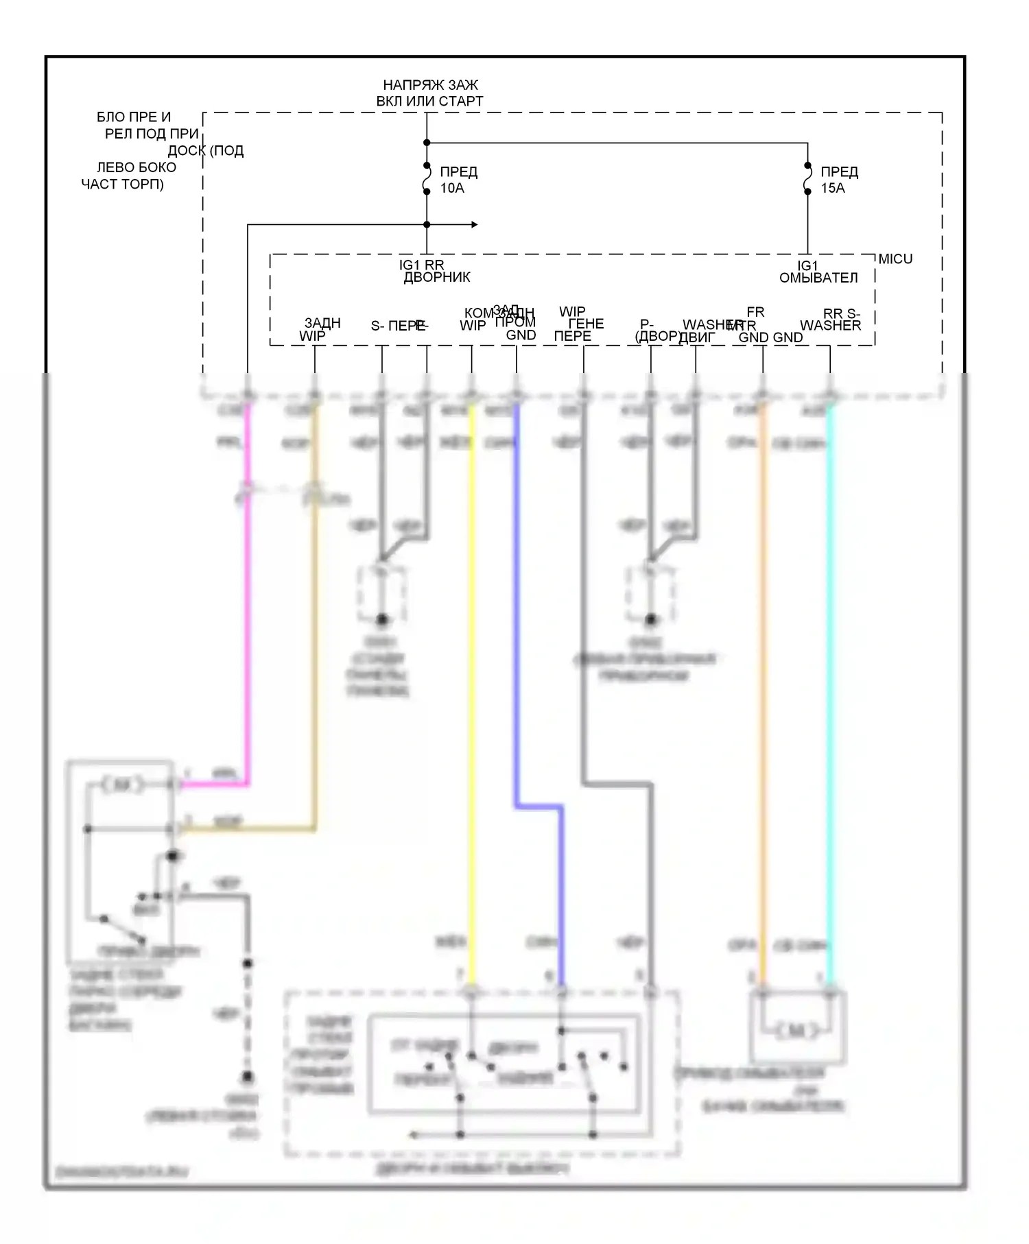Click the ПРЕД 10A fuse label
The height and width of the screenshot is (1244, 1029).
(x=458, y=180)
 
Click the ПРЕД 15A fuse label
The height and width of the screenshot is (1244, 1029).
(x=839, y=180)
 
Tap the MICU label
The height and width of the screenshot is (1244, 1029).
(x=895, y=259)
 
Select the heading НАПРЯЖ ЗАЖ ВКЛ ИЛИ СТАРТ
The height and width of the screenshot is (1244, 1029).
(x=430, y=93)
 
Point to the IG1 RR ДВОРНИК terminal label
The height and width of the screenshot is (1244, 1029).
(x=435, y=272)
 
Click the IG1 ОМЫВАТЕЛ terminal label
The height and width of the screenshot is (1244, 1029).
(x=818, y=272)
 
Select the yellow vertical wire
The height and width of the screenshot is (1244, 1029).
(x=472, y=686)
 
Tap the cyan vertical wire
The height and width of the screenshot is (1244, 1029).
(x=830, y=686)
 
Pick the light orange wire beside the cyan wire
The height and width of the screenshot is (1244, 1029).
(x=763, y=686)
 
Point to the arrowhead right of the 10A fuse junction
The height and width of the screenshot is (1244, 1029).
(x=474, y=224)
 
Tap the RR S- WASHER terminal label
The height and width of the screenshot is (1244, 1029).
(x=831, y=320)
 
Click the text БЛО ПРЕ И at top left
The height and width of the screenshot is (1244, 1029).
(x=134, y=117)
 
